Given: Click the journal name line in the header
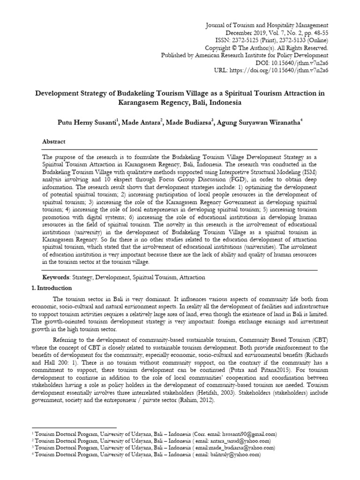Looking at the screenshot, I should click(267, 25).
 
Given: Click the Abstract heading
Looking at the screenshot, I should click(54, 142).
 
